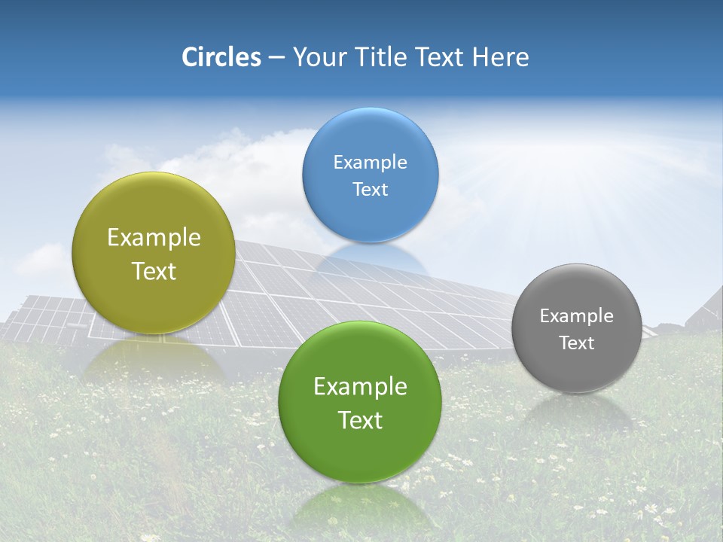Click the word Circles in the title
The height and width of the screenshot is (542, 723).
[221, 57]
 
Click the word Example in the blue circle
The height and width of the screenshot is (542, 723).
[370, 162]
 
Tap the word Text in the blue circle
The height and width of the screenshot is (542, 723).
[370, 189]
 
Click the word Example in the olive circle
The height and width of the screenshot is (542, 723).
[154, 237]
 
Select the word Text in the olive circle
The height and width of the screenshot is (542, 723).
[154, 271]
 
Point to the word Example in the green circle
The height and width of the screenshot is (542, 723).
[360, 386]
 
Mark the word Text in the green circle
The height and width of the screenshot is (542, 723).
[360, 420]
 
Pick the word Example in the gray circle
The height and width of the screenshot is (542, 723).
[576, 315]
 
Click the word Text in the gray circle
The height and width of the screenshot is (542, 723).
[576, 343]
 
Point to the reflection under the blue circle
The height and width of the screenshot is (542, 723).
[370, 260]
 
